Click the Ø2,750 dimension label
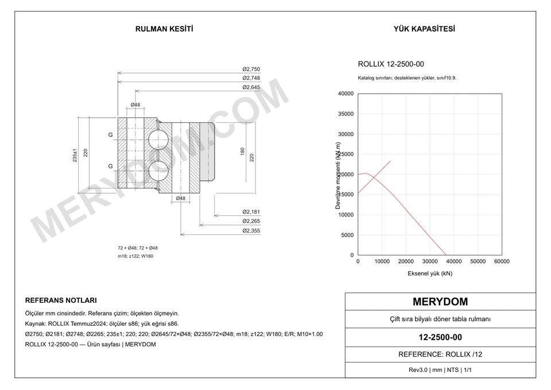pos(251,69)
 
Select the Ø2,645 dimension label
pos(251,87)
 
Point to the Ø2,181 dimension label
pos(251,212)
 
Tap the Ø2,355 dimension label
pos(251,231)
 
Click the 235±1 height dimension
pos(75,155)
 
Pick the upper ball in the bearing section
pos(158,140)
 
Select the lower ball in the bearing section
pos(158,171)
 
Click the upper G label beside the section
pos(110,134)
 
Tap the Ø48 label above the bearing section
pos(135,105)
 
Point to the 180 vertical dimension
pos(242,151)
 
